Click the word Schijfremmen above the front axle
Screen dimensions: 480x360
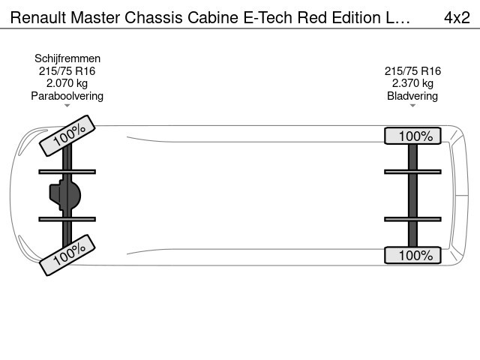(67, 58)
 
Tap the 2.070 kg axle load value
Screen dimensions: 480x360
(67, 83)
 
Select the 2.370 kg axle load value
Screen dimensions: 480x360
(412, 83)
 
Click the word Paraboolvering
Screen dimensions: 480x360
(67, 96)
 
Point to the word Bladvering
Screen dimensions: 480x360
(412, 96)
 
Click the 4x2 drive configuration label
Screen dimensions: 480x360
(457, 17)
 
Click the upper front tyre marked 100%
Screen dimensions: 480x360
(67, 136)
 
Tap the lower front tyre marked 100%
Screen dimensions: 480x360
(67, 255)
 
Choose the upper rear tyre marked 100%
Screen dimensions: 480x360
(412, 136)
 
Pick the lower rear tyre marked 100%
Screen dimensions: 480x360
(412, 255)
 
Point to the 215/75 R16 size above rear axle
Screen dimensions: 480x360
(412, 71)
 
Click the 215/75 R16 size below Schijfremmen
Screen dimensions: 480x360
(67, 71)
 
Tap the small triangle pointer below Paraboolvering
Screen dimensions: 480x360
(67, 106)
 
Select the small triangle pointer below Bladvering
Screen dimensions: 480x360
(412, 106)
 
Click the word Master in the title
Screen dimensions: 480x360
(95, 17)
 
